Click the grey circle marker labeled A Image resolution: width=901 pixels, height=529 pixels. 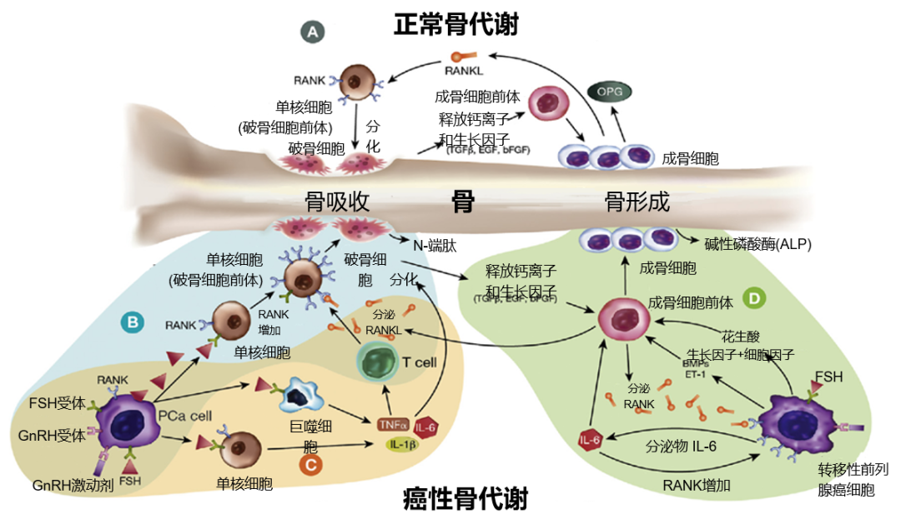pyautogui.click(x=313, y=32)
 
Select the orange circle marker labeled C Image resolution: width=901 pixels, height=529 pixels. pyautogui.click(x=310, y=464)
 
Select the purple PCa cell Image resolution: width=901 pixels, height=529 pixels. pyautogui.click(x=125, y=422)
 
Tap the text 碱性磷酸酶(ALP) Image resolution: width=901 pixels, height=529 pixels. pyautogui.click(x=758, y=244)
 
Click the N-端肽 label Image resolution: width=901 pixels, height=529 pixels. pyautogui.click(x=435, y=246)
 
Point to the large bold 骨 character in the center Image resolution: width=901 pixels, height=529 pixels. pyautogui.click(x=463, y=201)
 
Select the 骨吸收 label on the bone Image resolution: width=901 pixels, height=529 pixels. pyautogui.click(x=337, y=202)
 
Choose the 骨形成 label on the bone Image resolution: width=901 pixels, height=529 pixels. pyautogui.click(x=637, y=202)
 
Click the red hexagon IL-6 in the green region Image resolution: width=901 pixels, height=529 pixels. pyautogui.click(x=590, y=440)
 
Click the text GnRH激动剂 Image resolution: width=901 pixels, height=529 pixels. pyautogui.click(x=72, y=486)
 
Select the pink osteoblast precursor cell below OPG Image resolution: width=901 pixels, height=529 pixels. pyautogui.click(x=548, y=102)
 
